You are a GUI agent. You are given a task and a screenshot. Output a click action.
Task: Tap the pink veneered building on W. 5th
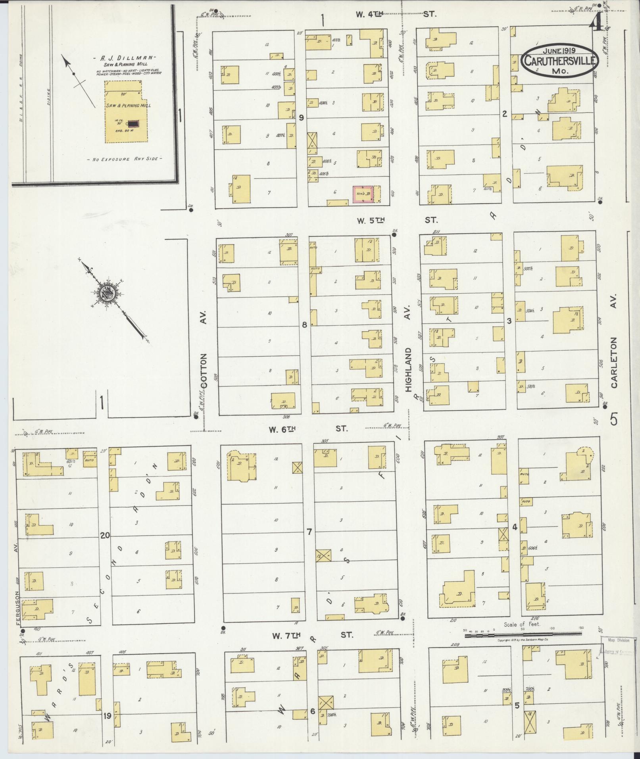(363, 194)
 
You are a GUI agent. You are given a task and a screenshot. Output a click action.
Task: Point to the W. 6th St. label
(308, 429)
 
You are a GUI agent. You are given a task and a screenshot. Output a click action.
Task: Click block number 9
(302, 117)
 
